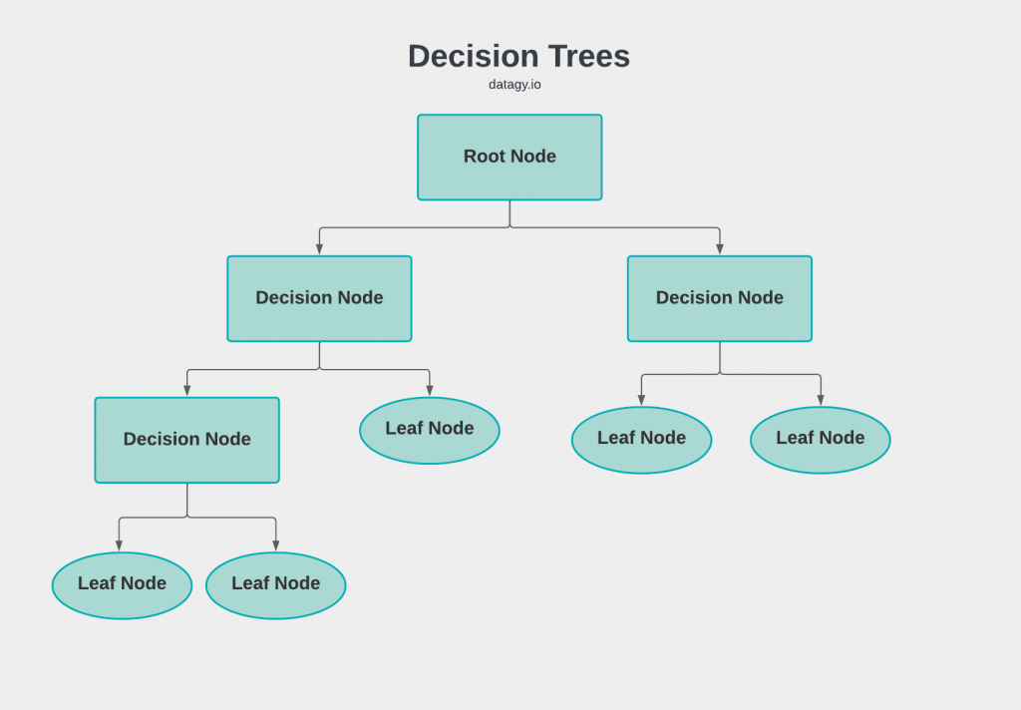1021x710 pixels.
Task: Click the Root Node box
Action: [x=510, y=158]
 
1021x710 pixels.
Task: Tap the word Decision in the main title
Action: [x=474, y=56]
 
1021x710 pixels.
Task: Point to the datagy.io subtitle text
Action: [x=514, y=85]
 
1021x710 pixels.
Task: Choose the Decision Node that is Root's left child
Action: [x=319, y=298]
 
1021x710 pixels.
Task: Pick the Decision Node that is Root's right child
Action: [x=719, y=298]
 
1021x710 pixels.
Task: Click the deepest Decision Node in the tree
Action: [x=187, y=440]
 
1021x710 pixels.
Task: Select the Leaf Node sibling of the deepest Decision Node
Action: [x=430, y=430]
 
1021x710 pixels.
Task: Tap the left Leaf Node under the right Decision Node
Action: [x=641, y=439]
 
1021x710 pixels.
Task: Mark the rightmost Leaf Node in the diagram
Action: [x=820, y=439]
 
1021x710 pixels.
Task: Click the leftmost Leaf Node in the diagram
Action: [x=122, y=584]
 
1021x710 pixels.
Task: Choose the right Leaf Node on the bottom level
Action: [x=275, y=584]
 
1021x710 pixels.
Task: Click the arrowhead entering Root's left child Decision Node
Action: [x=320, y=249]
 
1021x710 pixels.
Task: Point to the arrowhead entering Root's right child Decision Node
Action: [x=720, y=249]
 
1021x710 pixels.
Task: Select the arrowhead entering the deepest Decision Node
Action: [x=187, y=391]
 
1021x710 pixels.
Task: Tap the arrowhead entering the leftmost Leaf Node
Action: [x=119, y=545]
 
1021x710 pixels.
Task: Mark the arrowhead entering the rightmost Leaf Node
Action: [x=821, y=400]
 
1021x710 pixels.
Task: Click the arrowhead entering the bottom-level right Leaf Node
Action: [x=276, y=545]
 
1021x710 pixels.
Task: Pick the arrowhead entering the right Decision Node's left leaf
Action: [x=641, y=400]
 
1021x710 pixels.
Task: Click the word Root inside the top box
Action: [x=485, y=157]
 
